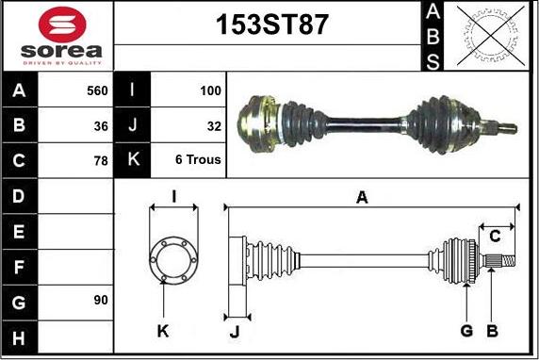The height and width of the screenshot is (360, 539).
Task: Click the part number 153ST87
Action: click(271, 25)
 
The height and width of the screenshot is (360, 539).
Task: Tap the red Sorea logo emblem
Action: click(62, 25)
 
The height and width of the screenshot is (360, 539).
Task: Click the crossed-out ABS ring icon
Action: click(491, 36)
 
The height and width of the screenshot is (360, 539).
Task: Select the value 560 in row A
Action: click(97, 90)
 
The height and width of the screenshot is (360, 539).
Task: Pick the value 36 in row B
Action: click(101, 126)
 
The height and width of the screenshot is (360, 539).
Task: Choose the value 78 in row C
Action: click(101, 161)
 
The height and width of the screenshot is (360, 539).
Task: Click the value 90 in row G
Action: click(101, 301)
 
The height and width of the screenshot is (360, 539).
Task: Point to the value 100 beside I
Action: click(210, 90)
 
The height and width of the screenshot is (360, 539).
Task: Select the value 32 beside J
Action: click(214, 126)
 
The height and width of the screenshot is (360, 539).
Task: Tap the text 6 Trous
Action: click(198, 159)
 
